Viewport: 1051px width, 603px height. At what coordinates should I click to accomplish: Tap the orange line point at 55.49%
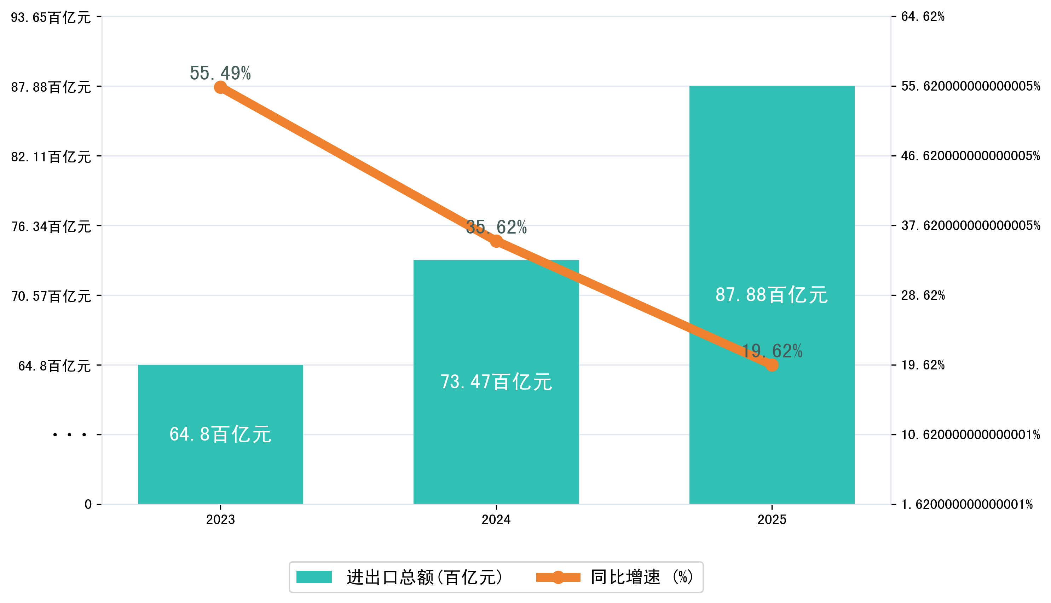tap(220, 87)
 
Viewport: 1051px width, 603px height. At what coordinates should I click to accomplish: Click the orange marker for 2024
tap(496, 241)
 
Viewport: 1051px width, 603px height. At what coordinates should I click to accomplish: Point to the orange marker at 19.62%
tap(772, 365)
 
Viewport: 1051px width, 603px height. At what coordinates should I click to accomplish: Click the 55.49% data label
tap(220, 73)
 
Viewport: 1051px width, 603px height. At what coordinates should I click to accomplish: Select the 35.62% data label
tap(496, 227)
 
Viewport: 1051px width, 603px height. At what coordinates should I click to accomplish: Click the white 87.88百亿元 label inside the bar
tap(772, 295)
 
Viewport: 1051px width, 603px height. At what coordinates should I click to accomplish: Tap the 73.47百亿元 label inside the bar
tap(496, 381)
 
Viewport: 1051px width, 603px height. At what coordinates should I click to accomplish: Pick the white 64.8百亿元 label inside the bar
tap(220, 434)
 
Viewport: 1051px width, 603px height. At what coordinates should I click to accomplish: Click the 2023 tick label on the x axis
tap(220, 519)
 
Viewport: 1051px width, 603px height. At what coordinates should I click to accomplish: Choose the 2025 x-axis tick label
tap(772, 519)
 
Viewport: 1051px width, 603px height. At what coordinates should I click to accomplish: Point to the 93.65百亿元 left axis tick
tap(51, 17)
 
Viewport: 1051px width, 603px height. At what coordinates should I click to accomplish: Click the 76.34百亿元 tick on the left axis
tap(51, 226)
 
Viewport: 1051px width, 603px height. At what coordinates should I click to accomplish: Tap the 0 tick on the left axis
tap(88, 504)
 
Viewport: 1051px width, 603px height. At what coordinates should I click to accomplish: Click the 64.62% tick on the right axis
tap(923, 17)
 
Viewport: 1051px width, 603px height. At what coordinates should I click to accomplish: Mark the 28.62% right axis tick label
tap(923, 295)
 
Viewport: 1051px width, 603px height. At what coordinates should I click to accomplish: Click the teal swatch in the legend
tap(314, 577)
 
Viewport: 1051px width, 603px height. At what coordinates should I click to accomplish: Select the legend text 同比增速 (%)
tap(642, 577)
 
